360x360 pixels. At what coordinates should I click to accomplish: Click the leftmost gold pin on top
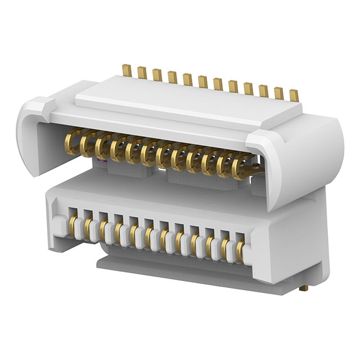click(127, 71)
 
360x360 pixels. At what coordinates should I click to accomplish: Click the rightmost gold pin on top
click(293, 94)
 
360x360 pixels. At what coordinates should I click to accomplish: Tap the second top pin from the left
click(142, 73)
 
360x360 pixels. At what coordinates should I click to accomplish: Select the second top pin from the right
click(278, 92)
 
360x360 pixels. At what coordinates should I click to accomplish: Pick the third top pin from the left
click(157, 75)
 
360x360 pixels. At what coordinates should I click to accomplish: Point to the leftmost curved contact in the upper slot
click(71, 139)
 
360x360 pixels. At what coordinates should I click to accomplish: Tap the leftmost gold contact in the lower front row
click(73, 226)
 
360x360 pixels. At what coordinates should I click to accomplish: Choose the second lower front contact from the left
click(88, 227)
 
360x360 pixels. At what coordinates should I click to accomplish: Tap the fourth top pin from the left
click(172, 77)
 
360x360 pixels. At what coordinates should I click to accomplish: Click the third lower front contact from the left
click(103, 229)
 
